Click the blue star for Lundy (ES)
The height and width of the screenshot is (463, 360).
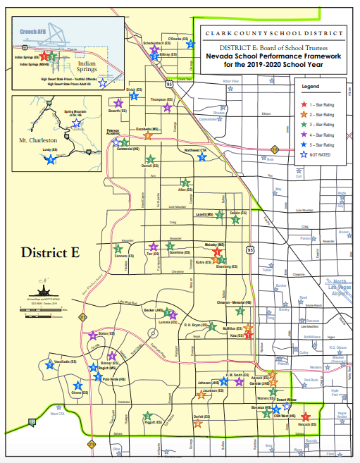point(51,160)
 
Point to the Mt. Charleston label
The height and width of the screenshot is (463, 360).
point(39,141)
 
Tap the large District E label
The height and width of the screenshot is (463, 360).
point(50,252)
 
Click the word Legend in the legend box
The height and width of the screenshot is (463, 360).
point(311,86)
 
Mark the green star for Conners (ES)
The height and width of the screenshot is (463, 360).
point(118,247)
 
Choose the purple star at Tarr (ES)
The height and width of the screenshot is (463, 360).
point(153,247)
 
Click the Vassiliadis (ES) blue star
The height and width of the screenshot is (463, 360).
point(49,365)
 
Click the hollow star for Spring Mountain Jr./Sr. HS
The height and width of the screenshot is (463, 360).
point(76,122)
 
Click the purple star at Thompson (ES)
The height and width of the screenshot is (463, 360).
point(167,108)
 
